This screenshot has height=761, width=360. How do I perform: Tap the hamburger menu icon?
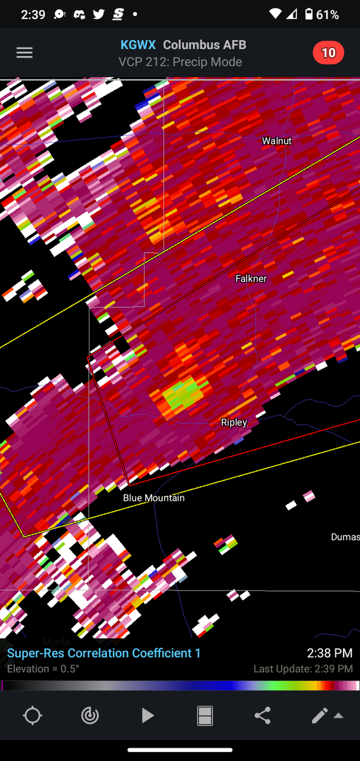coord(24,53)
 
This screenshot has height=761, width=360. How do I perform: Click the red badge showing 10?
coord(328,53)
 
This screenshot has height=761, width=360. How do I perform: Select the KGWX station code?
coord(138,45)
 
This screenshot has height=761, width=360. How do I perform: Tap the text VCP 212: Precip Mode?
coord(180,62)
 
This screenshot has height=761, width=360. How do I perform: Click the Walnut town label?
coord(277,141)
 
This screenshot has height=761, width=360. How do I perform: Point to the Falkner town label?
coord(251,278)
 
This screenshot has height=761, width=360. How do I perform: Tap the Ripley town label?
coord(234,422)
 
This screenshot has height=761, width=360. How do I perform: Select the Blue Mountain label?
coord(154,498)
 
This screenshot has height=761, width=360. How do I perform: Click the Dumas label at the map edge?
coord(345,537)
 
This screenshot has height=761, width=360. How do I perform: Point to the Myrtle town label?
coord(56,642)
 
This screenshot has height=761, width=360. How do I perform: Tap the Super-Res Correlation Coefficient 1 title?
coord(104,653)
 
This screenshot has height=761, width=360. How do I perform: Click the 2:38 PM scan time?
coord(330,653)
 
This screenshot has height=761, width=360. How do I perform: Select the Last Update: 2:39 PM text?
coord(303,669)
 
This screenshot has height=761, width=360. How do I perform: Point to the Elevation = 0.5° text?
coord(43,669)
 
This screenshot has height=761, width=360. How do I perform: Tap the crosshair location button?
coord(32,716)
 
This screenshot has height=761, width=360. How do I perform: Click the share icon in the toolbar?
coord(262,716)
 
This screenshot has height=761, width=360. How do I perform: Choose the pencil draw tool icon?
coord(319,716)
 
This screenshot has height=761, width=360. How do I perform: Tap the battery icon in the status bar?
coord(309,14)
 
